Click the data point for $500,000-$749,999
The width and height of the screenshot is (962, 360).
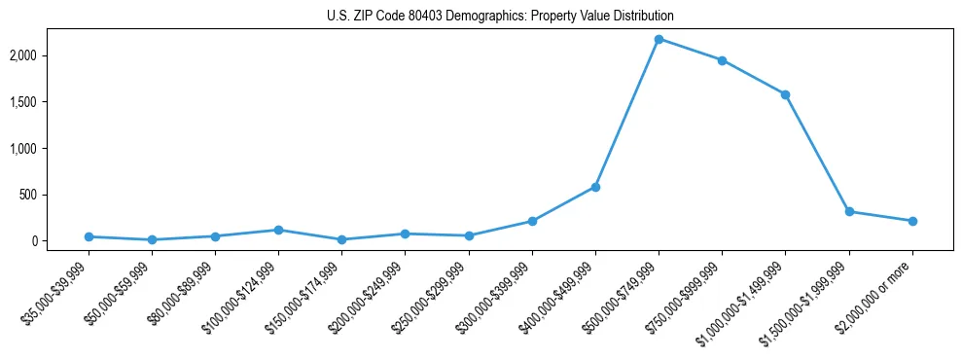[659, 39]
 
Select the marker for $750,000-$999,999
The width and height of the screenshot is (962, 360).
[722, 60]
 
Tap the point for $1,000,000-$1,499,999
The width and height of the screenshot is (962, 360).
[785, 94]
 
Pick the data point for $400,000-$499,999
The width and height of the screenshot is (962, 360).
[595, 187]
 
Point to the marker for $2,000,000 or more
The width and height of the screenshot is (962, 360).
[912, 221]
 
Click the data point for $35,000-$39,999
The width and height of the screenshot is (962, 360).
[89, 236]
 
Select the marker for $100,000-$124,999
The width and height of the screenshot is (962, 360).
[278, 230]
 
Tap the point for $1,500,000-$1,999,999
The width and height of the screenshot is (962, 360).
[849, 211]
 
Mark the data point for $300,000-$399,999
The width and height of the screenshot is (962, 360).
[532, 221]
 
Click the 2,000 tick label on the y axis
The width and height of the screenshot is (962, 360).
[52, 55]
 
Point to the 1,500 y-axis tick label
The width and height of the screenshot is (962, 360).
[52, 102]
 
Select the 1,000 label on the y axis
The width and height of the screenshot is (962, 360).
[52, 148]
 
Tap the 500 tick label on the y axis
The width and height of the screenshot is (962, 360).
[56, 195]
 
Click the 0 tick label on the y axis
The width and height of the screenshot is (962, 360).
[61, 240]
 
